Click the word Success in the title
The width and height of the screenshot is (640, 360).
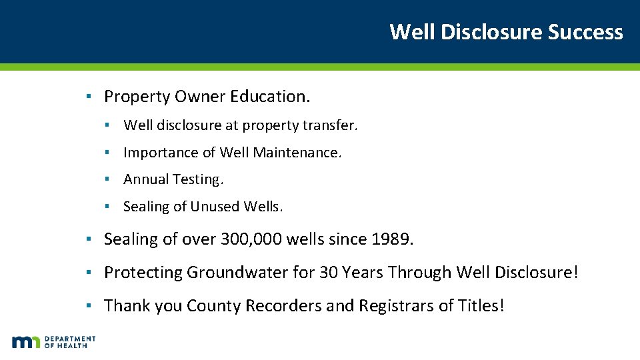click(x=585, y=31)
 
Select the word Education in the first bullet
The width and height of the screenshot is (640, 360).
click(x=270, y=97)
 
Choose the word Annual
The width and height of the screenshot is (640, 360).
click(x=146, y=179)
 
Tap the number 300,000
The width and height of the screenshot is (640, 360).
click(x=249, y=239)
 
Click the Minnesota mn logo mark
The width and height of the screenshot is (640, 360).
click(x=26, y=342)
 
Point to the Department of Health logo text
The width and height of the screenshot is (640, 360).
click(x=70, y=342)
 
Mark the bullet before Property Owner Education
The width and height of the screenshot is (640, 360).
click(x=87, y=97)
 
